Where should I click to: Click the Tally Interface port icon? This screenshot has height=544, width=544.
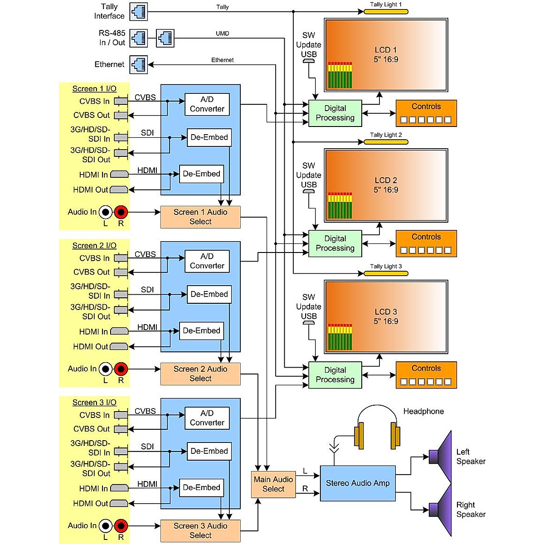click(x=139, y=12)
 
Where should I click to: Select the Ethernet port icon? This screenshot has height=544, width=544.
click(x=139, y=64)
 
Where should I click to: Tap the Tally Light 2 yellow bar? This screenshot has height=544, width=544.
click(x=386, y=142)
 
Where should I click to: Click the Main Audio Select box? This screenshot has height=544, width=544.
click(x=273, y=484)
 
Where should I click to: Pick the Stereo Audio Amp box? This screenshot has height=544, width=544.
click(x=358, y=483)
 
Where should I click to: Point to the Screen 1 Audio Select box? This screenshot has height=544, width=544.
click(x=200, y=217)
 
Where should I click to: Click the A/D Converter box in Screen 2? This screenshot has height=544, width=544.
click(x=207, y=261)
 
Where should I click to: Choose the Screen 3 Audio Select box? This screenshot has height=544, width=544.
click(x=200, y=530)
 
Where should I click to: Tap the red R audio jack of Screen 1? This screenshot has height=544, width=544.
click(x=121, y=212)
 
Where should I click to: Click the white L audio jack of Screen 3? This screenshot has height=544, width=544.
click(x=106, y=526)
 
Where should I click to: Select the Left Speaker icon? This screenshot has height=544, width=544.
click(x=442, y=456)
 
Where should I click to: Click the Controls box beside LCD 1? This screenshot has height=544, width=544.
click(x=426, y=113)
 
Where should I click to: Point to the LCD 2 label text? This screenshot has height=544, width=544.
click(x=386, y=185)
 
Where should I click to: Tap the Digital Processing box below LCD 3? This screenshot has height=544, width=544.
click(x=335, y=375)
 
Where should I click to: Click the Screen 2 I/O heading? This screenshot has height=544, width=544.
click(x=94, y=246)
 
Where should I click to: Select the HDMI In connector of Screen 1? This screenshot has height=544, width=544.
click(x=119, y=175)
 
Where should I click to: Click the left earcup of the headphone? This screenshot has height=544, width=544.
click(x=359, y=436)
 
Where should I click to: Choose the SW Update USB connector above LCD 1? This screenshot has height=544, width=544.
click(x=309, y=60)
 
